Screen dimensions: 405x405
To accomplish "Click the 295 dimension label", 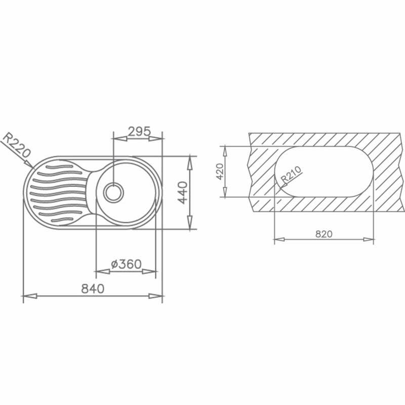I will coord(139,132).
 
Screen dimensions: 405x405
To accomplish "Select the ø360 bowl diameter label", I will coord(126,264).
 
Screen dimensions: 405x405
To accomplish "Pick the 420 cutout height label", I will coord(219,172).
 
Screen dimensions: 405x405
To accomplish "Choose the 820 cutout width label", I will coord(323,233).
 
